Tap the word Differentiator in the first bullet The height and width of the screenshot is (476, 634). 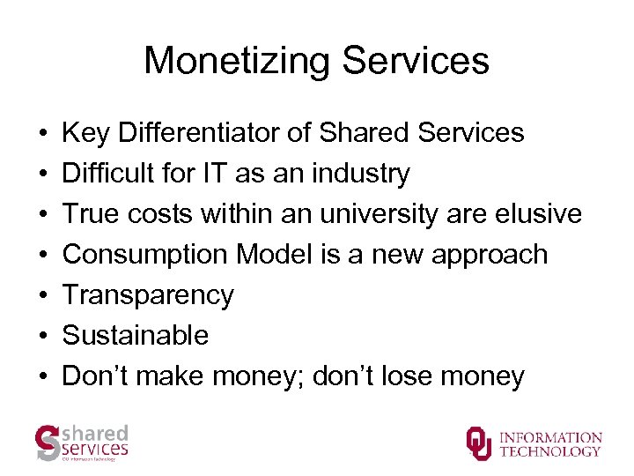point(211,133)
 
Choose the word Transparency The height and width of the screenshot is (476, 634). point(148,296)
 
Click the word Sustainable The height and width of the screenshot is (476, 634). point(136,336)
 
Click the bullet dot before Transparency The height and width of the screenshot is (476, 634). point(42,296)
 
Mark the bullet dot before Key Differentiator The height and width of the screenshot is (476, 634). point(42,133)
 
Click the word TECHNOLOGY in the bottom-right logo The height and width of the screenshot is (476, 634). point(550,451)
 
